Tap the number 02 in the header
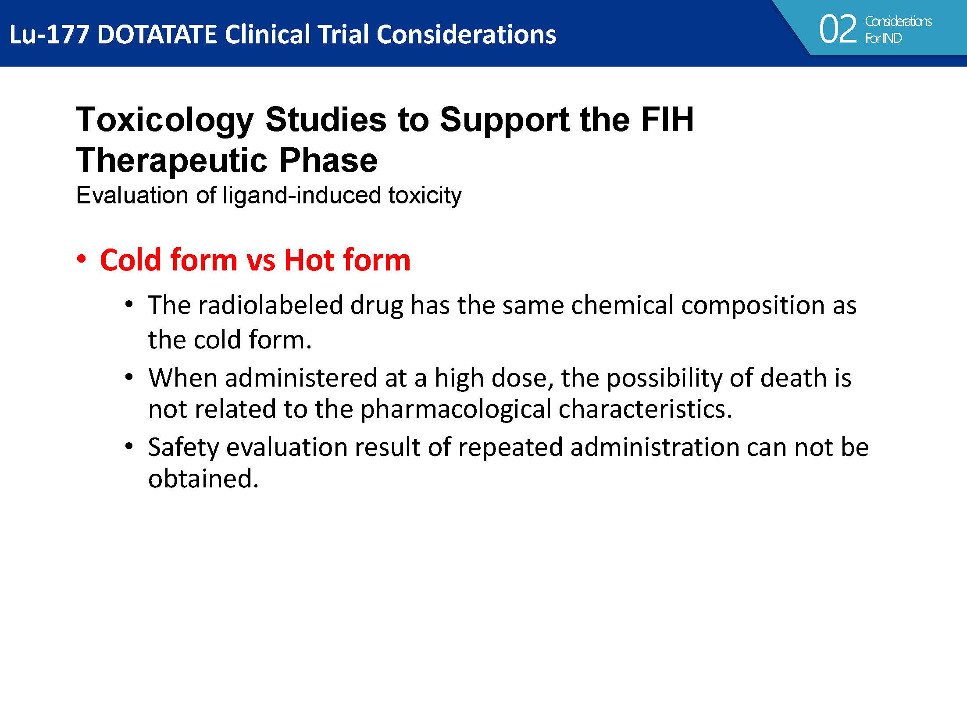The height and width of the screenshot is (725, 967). [x=837, y=29]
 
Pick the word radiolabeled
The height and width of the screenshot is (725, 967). [x=271, y=305]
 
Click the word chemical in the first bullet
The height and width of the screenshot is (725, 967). [x=622, y=305]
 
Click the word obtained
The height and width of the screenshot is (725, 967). [x=203, y=478]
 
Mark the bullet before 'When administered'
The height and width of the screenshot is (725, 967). [x=128, y=377]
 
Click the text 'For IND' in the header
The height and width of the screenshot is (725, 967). [x=883, y=39]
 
